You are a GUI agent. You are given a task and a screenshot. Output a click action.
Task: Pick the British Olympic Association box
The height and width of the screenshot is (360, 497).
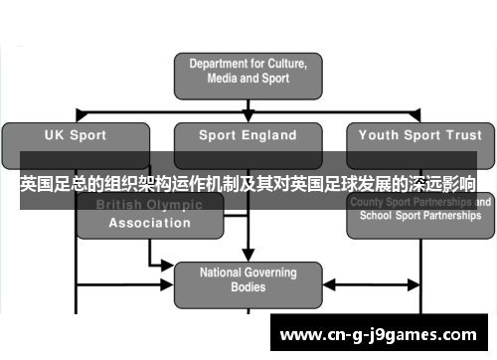(x=149, y=215)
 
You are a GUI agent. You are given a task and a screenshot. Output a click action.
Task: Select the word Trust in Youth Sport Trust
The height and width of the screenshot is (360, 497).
(x=461, y=135)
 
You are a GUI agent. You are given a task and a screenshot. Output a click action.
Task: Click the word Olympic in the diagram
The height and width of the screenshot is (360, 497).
(x=172, y=205)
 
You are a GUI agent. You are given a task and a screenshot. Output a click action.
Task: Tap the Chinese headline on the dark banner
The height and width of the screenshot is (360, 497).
(x=248, y=185)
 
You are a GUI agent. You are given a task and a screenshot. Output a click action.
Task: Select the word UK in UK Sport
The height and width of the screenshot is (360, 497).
(x=55, y=135)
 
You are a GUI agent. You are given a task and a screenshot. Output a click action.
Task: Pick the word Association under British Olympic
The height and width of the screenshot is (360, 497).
(x=149, y=223)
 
